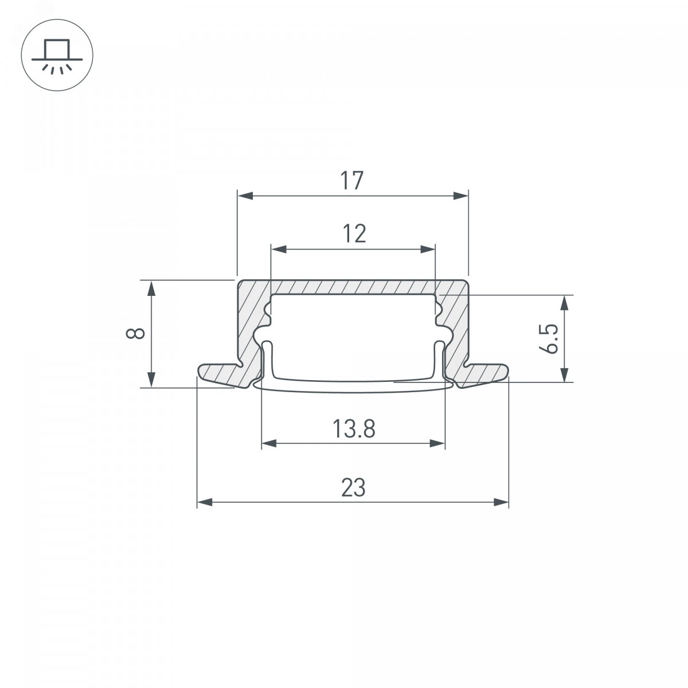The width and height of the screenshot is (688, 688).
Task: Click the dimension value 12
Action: (354, 234)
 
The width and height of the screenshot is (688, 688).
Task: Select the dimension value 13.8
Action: (354, 429)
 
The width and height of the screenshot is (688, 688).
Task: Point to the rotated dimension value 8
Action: (135, 333)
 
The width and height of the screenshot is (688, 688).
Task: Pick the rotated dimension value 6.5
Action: (549, 339)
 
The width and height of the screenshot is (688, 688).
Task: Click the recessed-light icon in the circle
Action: (57, 55)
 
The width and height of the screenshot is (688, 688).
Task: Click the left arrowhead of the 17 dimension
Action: (245, 196)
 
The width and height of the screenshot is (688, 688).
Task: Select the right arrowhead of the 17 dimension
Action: (460, 196)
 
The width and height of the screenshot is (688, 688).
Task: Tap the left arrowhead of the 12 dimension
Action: (279, 249)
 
